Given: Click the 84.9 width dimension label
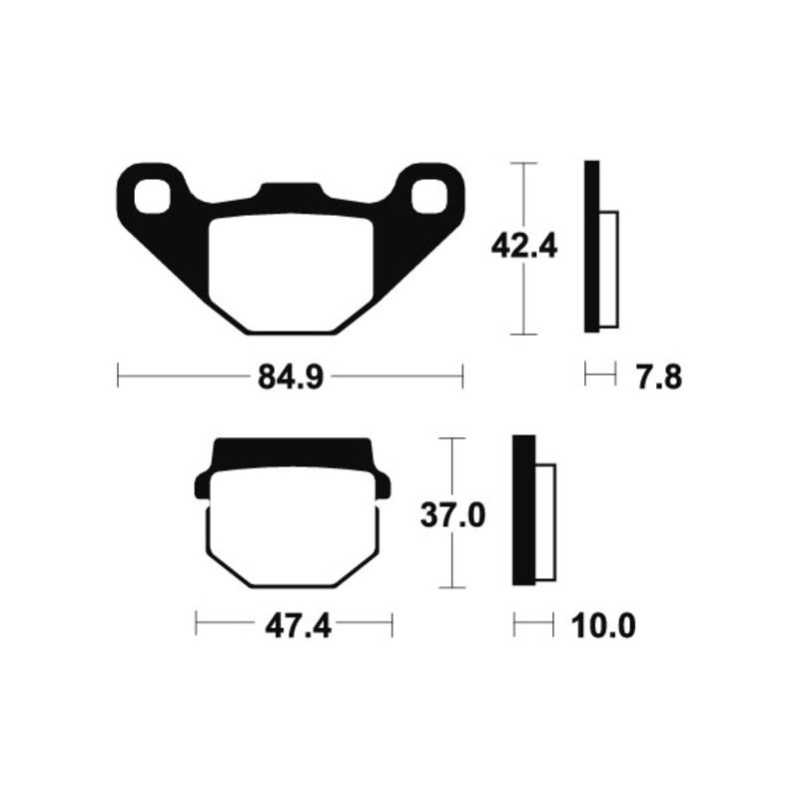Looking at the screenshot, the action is point(291,378).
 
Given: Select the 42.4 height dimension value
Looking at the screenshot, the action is point(524,247).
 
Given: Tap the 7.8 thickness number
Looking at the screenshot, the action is point(659,379).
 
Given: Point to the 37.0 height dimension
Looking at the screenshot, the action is point(452,514).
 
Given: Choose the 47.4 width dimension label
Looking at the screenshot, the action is point(298,625).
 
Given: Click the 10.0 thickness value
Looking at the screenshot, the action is point(603,625).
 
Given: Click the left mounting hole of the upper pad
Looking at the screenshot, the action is point(152,196).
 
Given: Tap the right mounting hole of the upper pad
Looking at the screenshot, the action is point(429,196).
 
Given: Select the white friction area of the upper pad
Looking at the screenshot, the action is point(291,273).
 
